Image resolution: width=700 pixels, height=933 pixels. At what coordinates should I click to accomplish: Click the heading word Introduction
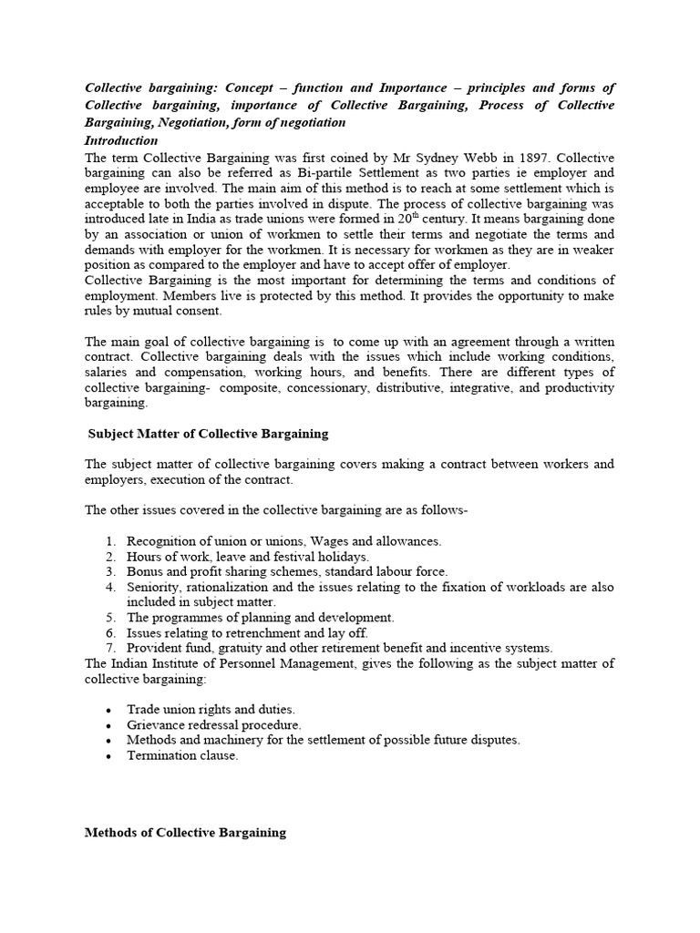(x=121, y=140)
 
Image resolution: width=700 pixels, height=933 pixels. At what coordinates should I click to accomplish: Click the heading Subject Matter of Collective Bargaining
(x=208, y=434)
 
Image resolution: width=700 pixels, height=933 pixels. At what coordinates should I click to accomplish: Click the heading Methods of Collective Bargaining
(x=185, y=832)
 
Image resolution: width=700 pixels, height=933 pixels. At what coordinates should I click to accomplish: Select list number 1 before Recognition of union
(x=111, y=541)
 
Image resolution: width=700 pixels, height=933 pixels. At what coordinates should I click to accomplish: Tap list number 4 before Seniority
(x=111, y=588)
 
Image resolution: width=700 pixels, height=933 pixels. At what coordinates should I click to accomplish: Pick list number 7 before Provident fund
(x=111, y=649)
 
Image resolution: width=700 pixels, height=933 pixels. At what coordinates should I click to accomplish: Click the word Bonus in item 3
(x=144, y=572)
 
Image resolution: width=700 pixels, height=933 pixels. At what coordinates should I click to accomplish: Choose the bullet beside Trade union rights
(x=110, y=710)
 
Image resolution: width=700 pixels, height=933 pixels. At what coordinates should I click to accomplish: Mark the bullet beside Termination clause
(x=110, y=756)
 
